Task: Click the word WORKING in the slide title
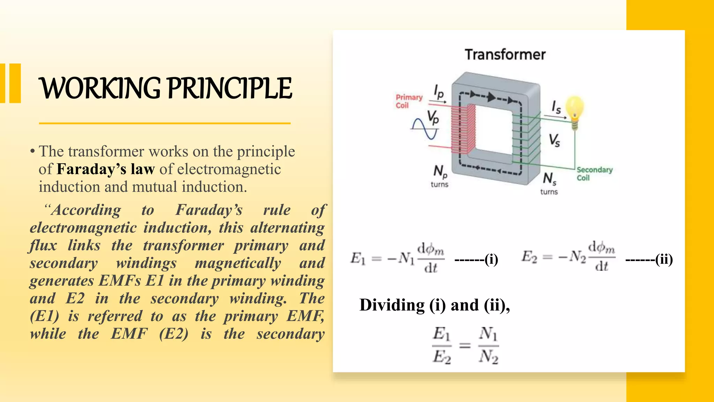click(100, 88)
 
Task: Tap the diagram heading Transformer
click(505, 55)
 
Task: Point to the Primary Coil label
click(409, 101)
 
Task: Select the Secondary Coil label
click(594, 173)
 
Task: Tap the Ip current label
click(439, 92)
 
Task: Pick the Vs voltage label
click(554, 140)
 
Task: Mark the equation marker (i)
click(491, 259)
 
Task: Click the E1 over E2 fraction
click(442, 345)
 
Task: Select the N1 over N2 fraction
click(488, 345)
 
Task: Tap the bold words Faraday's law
click(105, 169)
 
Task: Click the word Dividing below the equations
click(392, 305)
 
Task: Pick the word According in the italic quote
click(86, 210)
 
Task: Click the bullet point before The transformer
click(32, 151)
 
